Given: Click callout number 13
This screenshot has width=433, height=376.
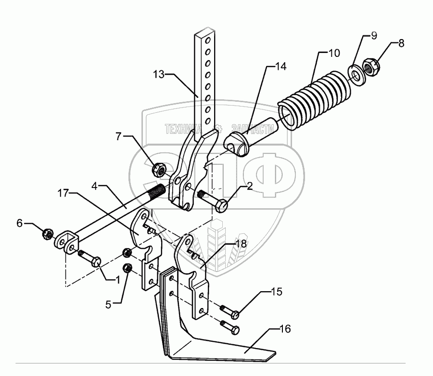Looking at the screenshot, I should coord(159,74).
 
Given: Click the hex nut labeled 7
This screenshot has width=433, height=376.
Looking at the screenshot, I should coord(159,170).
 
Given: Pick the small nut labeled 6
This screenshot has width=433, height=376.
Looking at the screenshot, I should coord(48,234).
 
